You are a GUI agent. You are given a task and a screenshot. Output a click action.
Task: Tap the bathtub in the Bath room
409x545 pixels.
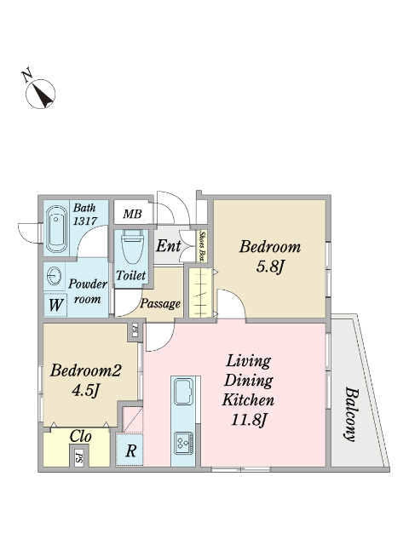(x=57, y=230)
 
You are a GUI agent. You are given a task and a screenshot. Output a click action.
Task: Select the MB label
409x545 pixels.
(x=133, y=214)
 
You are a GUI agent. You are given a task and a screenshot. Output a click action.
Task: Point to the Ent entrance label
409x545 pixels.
(x=169, y=246)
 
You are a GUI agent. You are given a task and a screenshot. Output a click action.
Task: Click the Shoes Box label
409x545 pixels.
(x=201, y=246)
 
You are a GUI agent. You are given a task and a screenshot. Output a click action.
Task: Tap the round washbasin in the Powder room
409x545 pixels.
(x=54, y=277)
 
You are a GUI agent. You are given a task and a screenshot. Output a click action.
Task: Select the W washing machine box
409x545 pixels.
(x=55, y=305)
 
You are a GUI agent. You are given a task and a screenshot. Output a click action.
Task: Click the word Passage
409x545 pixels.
(x=160, y=304)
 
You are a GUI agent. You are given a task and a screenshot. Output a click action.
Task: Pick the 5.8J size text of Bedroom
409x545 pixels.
(x=270, y=267)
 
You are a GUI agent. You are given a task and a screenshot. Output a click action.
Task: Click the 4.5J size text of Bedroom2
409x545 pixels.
(x=85, y=391)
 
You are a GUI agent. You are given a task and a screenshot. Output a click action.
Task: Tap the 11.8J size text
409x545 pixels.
(x=248, y=421)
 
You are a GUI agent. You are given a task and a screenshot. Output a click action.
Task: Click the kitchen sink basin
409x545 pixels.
(x=183, y=392)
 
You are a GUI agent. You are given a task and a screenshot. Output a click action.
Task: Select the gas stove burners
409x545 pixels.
(x=184, y=443)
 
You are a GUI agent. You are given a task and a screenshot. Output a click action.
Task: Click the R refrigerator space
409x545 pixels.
(x=130, y=450)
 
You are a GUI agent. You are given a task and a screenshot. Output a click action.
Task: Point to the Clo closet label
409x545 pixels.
(x=80, y=437)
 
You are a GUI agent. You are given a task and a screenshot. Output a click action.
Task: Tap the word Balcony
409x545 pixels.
(x=351, y=414)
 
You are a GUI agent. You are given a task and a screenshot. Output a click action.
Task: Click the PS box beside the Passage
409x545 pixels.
(x=135, y=330)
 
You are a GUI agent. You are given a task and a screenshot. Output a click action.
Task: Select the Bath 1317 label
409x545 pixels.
(x=85, y=214)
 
